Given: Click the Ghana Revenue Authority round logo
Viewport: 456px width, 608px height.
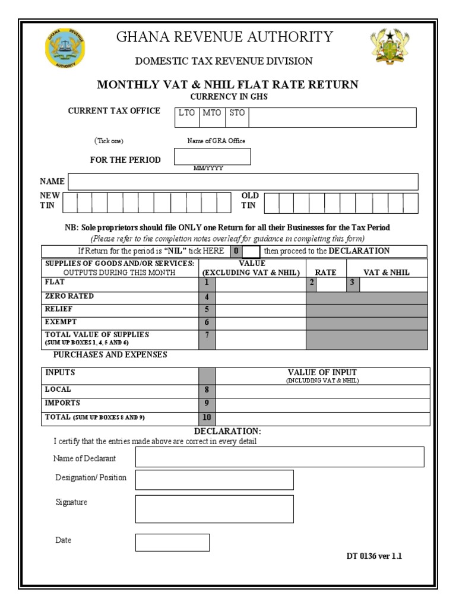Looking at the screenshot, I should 65,48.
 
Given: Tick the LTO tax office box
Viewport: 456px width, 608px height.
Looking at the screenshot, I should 186,117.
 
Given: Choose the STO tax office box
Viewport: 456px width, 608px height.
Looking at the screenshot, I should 237,117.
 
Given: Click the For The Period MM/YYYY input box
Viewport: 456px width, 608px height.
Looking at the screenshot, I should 212,157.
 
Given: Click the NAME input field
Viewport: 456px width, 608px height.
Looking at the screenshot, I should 243,182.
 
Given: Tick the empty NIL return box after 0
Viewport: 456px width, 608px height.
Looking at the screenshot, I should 251,251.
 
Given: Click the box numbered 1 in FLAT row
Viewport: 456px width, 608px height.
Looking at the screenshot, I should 207,284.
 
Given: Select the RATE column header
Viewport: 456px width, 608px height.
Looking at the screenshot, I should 325,272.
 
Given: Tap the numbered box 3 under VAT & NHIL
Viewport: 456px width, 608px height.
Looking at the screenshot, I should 353,284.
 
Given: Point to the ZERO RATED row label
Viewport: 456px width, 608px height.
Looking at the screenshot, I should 69,296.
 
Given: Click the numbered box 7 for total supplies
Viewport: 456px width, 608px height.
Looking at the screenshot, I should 207,339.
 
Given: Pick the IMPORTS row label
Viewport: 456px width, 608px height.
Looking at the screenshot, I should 62,403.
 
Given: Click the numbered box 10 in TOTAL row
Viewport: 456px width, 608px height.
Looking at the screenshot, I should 207,417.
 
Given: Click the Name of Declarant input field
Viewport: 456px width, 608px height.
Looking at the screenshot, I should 280,457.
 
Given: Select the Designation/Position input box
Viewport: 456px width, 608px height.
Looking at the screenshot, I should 214,480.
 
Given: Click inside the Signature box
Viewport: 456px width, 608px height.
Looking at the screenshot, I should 214,509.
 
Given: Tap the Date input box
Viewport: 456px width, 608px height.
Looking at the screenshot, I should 172,542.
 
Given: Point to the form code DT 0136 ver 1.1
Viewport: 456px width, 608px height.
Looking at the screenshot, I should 374,556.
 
